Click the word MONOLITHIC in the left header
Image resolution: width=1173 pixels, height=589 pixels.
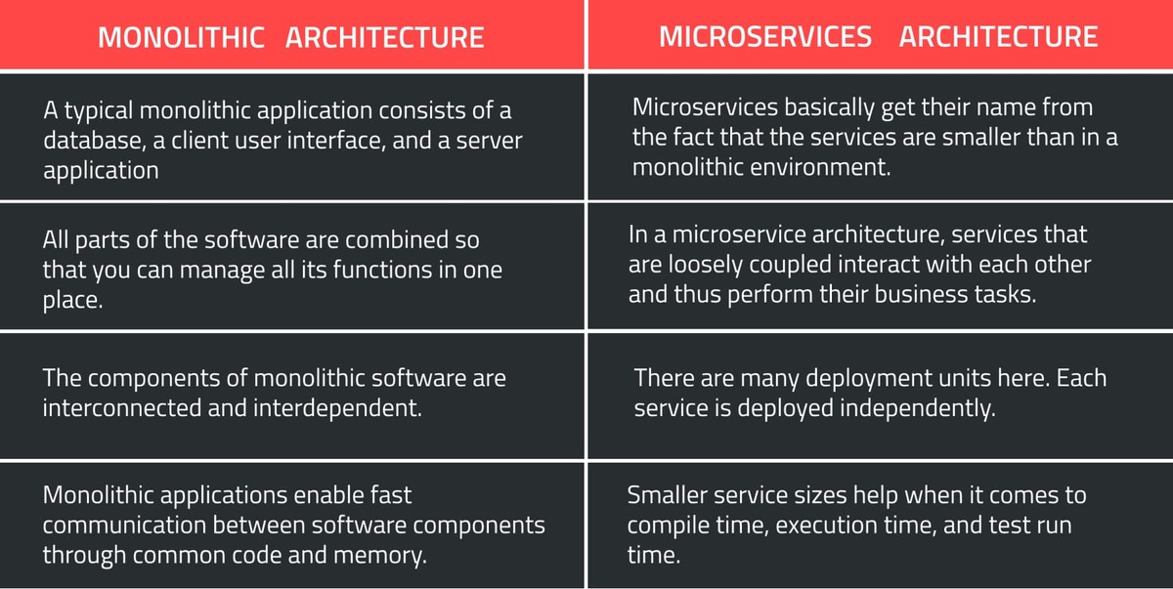(x=182, y=37)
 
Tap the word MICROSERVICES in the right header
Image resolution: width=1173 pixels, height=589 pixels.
(x=765, y=37)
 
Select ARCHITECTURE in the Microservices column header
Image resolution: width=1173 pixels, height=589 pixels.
(x=998, y=37)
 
